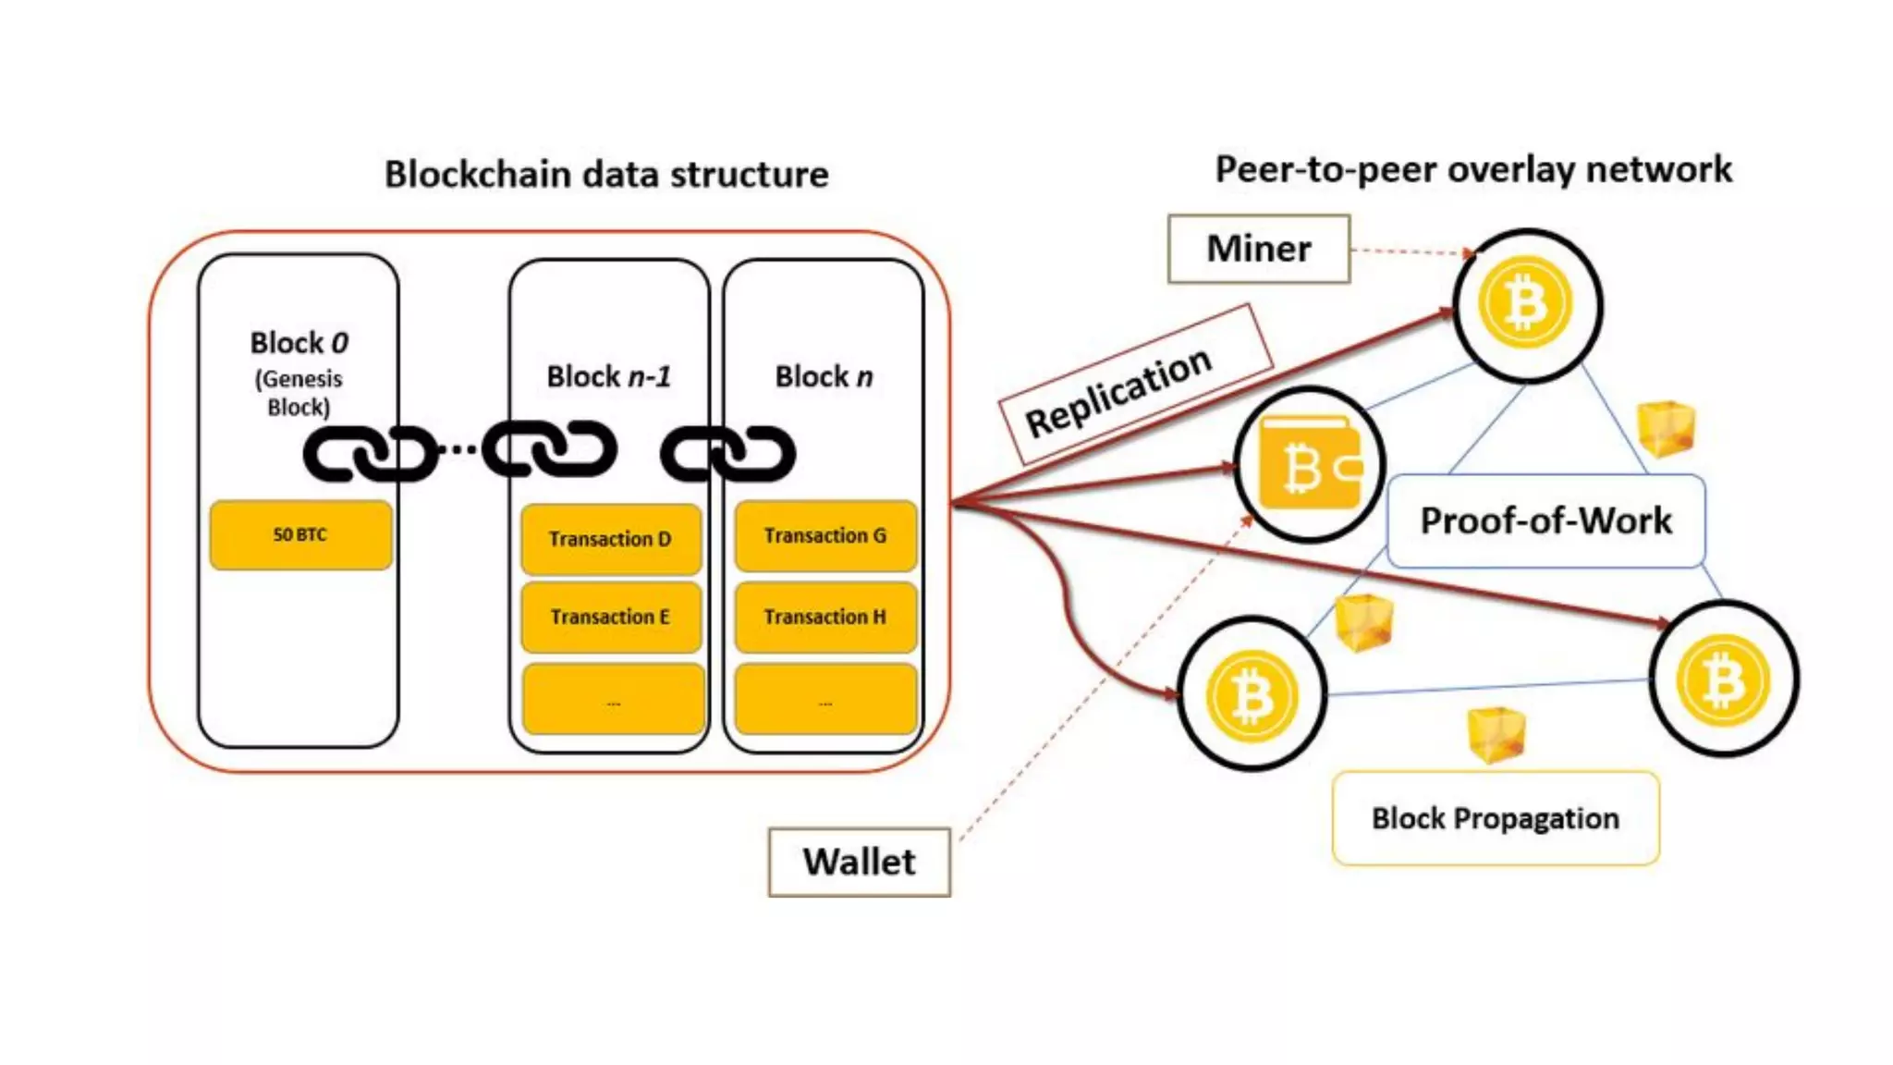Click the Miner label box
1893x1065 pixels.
pos(1258,249)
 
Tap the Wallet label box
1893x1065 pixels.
pos(859,862)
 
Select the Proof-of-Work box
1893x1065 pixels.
pos(1545,520)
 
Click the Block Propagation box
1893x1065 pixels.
pos(1495,819)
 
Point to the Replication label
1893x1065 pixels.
pos(1119,392)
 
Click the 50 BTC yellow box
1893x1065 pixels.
pos(300,535)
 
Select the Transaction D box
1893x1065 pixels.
pos(610,539)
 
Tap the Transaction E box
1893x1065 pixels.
pos(610,617)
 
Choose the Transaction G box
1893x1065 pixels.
pos(824,536)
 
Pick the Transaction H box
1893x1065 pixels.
pos(824,617)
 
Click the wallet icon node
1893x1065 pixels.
pos(1309,465)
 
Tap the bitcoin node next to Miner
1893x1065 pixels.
pos(1527,305)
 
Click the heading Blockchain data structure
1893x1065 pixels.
pos(606,175)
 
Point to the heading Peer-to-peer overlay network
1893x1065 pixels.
pos(1473,170)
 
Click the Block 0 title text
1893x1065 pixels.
pos(299,343)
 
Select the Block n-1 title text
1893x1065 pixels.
pos(609,377)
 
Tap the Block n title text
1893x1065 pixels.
pos(824,377)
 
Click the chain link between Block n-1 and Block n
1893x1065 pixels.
pos(728,453)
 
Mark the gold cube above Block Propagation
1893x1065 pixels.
pos(1496,734)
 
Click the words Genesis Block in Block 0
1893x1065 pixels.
pos(299,393)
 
